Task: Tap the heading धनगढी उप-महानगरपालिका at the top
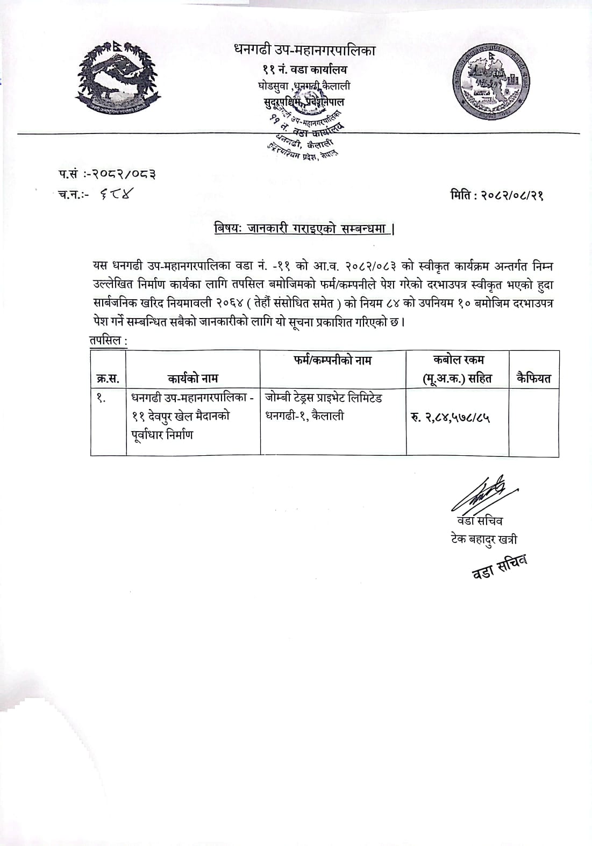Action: tap(305, 51)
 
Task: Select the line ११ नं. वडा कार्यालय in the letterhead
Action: tap(305, 69)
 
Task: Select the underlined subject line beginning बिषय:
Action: tap(304, 229)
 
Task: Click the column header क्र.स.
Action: tap(108, 378)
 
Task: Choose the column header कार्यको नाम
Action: tap(192, 378)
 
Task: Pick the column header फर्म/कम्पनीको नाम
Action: tap(332, 360)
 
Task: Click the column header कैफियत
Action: tap(533, 378)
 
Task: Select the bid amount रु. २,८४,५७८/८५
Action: tap(451, 417)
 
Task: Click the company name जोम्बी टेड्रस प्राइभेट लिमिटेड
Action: tap(324, 399)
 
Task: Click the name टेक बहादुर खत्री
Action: tap(484, 539)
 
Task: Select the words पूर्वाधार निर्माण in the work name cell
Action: tap(161, 435)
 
